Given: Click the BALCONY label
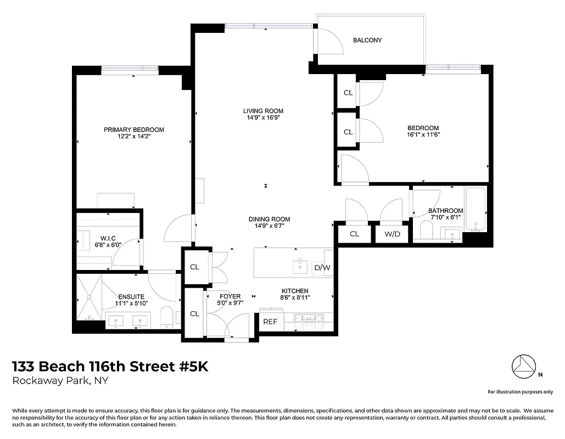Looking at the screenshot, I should [367, 40].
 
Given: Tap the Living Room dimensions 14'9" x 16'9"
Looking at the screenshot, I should [263, 117].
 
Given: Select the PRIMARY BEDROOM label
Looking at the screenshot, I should [134, 130].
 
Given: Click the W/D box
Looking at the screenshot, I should [392, 234].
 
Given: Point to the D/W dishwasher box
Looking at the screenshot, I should [322, 268].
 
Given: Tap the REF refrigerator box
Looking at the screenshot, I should [270, 322].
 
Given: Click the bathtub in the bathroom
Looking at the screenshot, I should [476, 209].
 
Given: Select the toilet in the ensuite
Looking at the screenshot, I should [167, 317].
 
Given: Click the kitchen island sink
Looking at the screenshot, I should [300, 266].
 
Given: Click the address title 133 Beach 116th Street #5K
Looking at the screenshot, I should [110, 367].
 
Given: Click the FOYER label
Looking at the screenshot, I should [230, 296].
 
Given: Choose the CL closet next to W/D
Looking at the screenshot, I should [354, 234].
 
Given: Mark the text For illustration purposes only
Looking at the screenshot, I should [520, 392].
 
